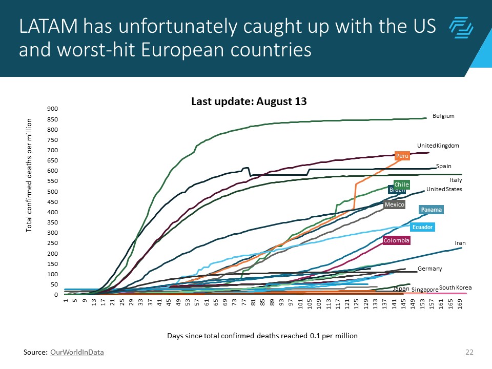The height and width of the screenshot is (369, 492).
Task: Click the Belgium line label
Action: [443, 116]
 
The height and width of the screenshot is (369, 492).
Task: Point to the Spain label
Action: [443, 166]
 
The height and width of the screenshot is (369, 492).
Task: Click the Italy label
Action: [456, 180]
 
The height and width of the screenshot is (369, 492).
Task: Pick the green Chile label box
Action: [401, 184]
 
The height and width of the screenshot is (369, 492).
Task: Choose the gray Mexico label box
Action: [395, 205]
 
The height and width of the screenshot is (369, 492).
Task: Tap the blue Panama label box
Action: [431, 210]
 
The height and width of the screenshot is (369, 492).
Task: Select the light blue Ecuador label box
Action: [423, 227]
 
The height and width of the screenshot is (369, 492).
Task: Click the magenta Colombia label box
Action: [397, 240]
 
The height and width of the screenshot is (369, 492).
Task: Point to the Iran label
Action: [460, 243]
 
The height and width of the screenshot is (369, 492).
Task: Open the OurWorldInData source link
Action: [77, 352]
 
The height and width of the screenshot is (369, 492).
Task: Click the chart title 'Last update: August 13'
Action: [249, 101]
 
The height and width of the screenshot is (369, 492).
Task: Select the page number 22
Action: [468, 352]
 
